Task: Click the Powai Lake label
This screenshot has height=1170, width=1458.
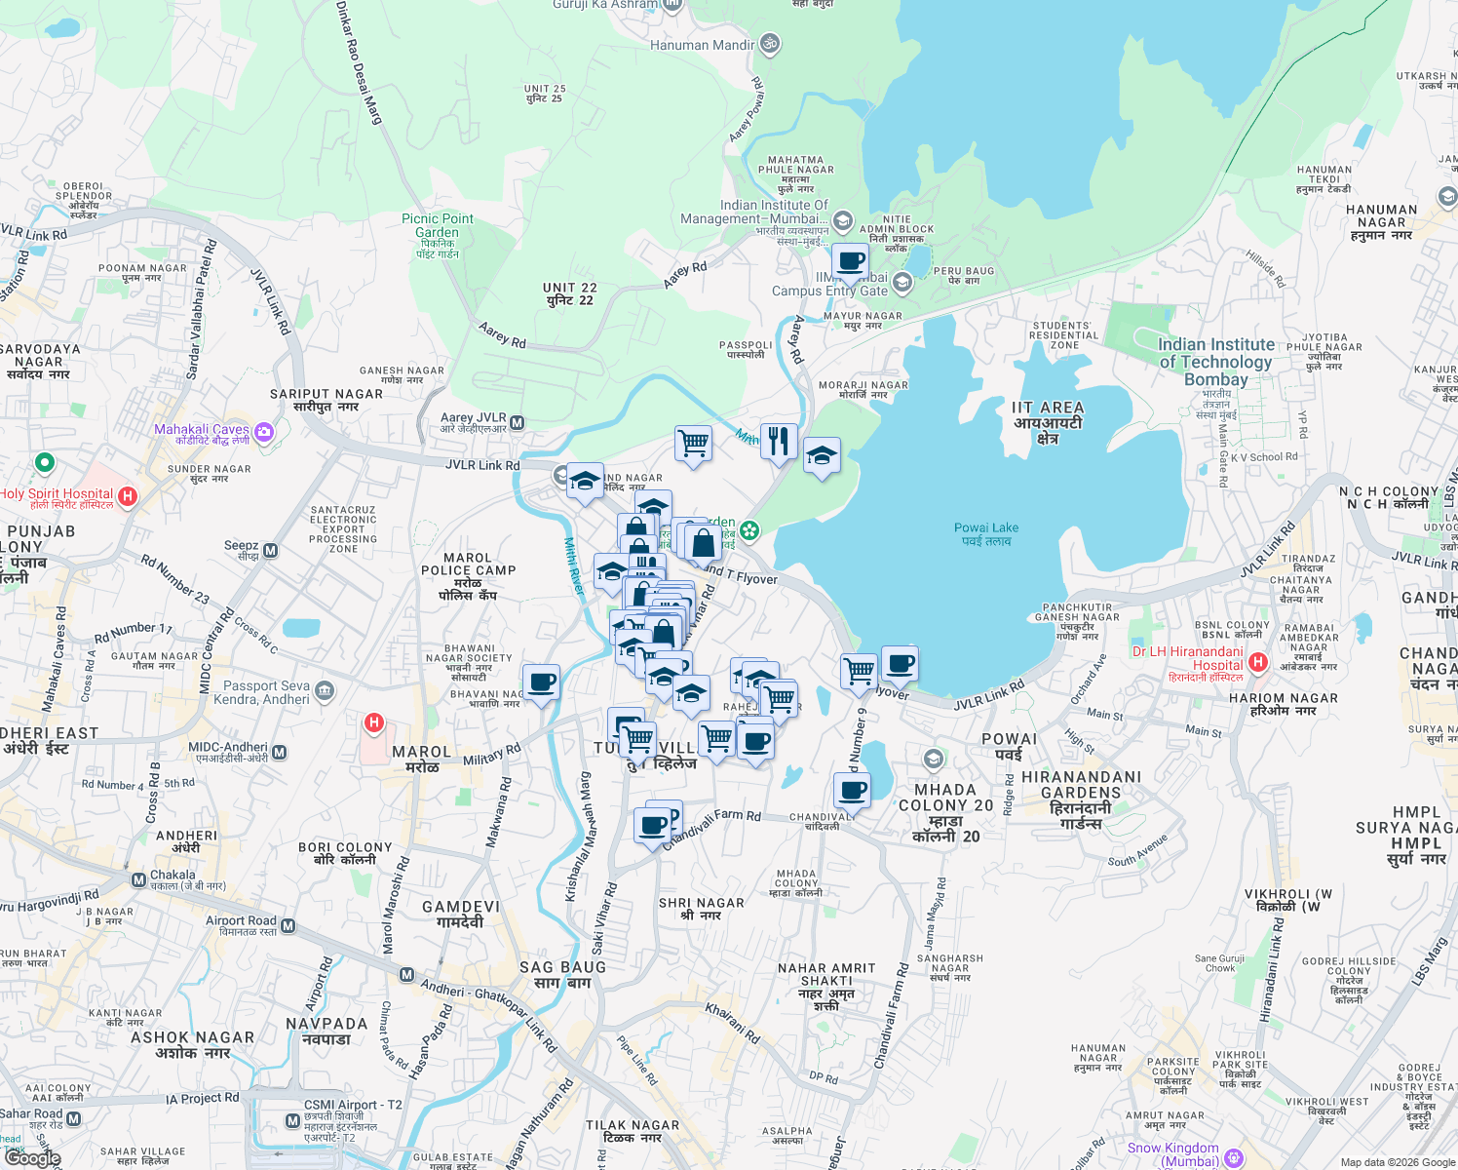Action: point(985,533)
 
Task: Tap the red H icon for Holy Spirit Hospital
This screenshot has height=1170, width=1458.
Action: point(127,496)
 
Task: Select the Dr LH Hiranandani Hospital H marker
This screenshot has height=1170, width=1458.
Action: point(1257,663)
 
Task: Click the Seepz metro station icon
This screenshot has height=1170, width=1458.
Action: point(271,551)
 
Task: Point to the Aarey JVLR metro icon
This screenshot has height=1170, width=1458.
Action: point(518,423)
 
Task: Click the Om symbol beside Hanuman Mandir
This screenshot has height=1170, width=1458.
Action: point(769,44)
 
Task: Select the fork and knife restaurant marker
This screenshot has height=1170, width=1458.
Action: point(778,442)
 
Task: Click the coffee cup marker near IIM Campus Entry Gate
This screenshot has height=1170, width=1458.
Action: point(850,261)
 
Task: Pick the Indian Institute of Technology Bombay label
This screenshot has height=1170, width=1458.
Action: point(1215,362)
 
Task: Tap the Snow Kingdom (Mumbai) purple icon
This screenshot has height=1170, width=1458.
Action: point(1234,1157)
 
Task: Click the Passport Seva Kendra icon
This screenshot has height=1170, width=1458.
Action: point(325,691)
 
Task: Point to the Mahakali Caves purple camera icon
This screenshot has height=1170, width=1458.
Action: point(263,431)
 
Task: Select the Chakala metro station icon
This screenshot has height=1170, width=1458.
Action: point(138,880)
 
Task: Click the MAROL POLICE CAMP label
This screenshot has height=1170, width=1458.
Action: point(468,576)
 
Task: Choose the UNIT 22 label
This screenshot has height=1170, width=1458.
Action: point(570,293)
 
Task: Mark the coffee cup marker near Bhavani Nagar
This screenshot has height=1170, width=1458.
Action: point(541,682)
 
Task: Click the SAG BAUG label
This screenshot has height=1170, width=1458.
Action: point(562,974)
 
